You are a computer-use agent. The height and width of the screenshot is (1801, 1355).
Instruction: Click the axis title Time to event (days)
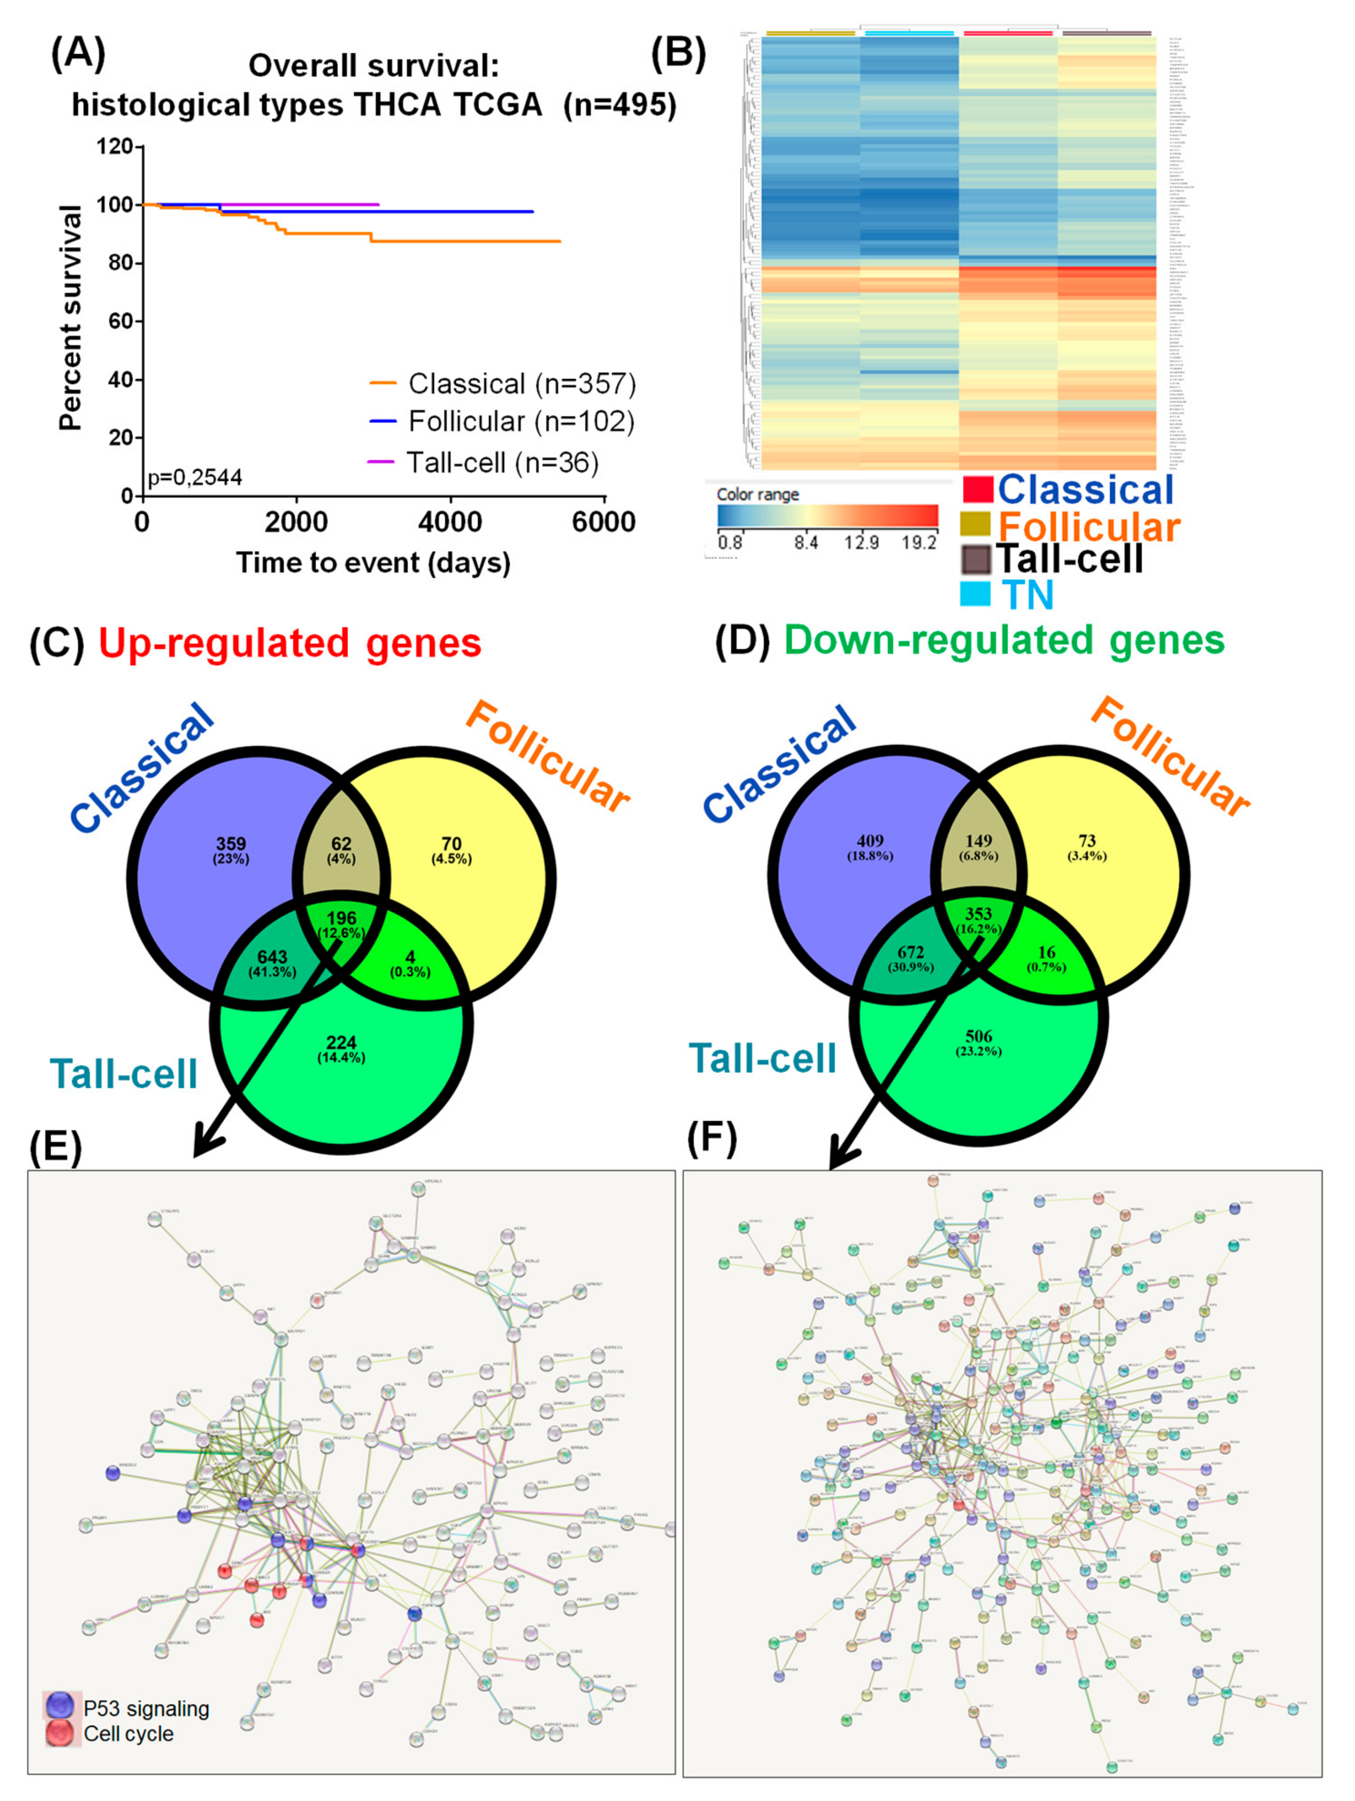coord(374,563)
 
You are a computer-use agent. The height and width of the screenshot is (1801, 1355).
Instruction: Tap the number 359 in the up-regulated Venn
coord(231,843)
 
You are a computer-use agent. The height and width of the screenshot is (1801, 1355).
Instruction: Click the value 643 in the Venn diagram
coord(272,958)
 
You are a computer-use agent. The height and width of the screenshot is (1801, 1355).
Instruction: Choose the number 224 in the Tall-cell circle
coord(341,1042)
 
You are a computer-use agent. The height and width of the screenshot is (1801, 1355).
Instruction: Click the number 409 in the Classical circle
coord(870,840)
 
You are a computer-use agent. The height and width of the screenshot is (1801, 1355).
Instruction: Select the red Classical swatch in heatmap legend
coord(977,489)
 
